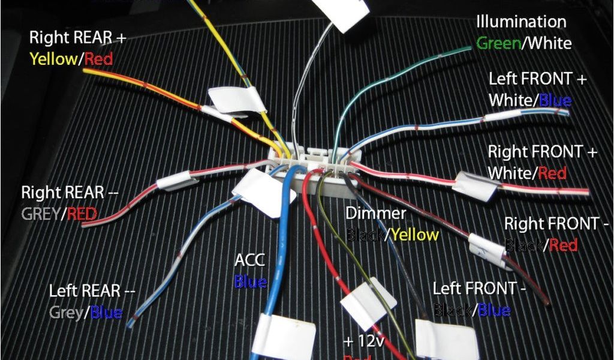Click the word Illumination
[x=520, y=22]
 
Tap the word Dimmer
[x=376, y=213]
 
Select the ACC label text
[x=249, y=260]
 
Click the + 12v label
[x=363, y=341]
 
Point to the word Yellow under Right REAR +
[x=53, y=59]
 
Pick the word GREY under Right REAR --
[x=41, y=213]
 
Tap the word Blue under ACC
[x=250, y=280]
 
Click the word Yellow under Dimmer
[x=416, y=234]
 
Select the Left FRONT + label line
[x=538, y=79]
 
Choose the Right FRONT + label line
[x=543, y=152]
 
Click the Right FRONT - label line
[x=556, y=223]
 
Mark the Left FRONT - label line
[x=479, y=289]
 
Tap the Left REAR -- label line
[x=92, y=291]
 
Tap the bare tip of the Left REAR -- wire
[x=130, y=324]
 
